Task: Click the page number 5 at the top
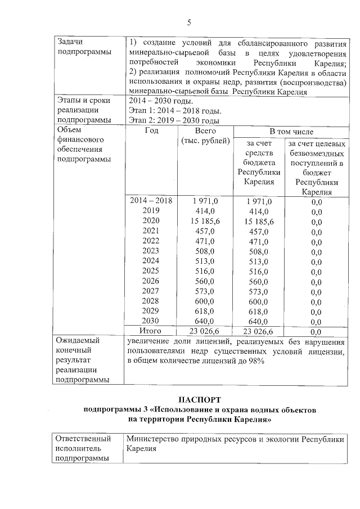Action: coord(190,23)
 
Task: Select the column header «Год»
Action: coord(151,130)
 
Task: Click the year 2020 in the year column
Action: coord(151,220)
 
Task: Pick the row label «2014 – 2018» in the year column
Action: coord(151,201)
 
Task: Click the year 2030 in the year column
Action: coord(151,321)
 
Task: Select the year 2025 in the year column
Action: coord(151,271)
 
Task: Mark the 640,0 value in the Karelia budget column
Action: coord(259,321)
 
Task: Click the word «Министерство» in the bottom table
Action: coord(153,439)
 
